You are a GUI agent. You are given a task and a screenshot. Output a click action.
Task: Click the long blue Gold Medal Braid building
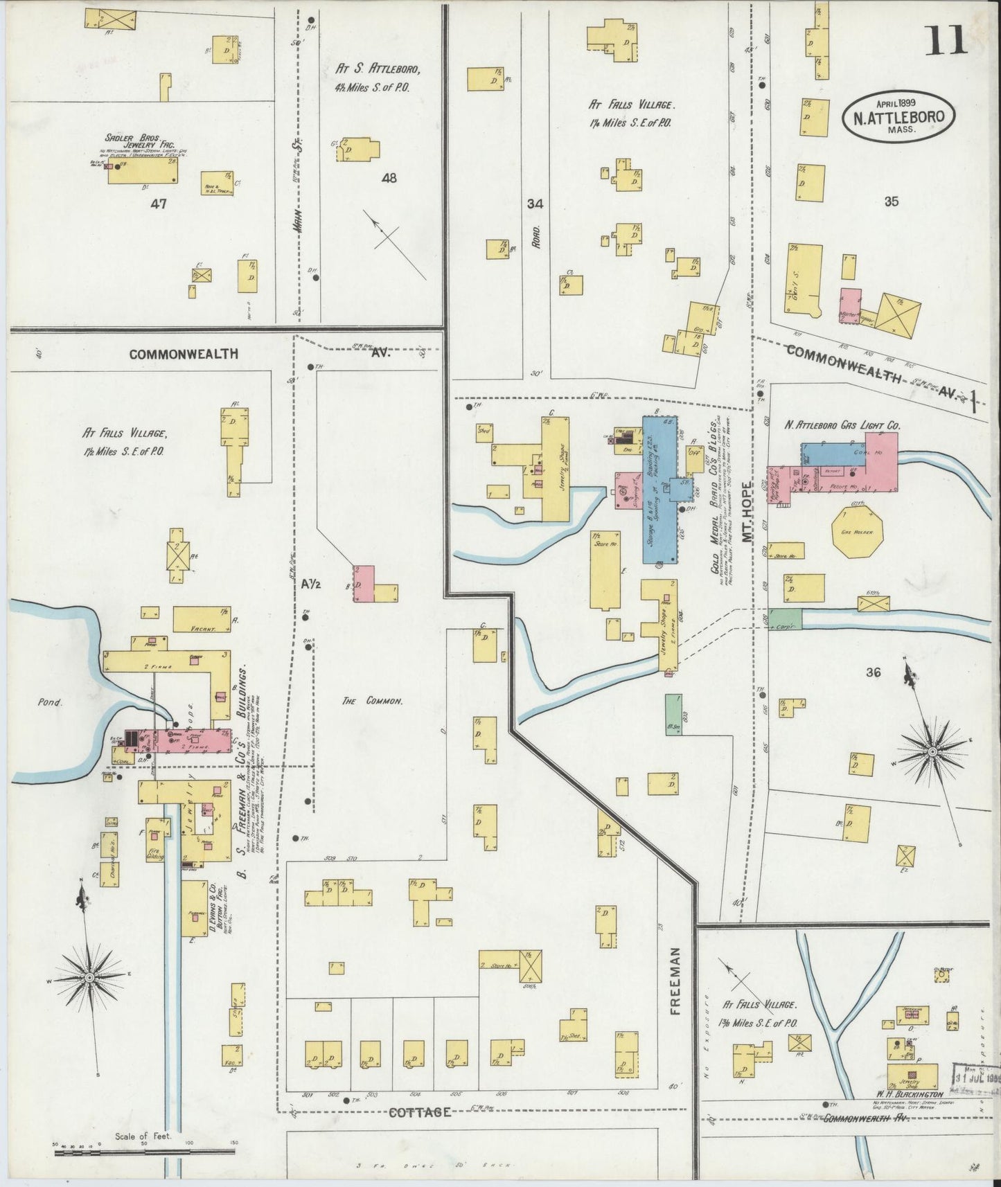659,488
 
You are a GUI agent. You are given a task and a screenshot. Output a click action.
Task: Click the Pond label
50,702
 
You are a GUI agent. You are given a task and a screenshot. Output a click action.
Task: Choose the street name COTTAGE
420,1112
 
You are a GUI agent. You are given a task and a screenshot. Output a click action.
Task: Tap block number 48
389,178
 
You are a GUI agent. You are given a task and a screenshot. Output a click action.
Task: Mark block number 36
873,671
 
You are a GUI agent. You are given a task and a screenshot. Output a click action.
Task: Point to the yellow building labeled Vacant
202,620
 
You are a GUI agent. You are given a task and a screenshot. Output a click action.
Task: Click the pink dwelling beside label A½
364,583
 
